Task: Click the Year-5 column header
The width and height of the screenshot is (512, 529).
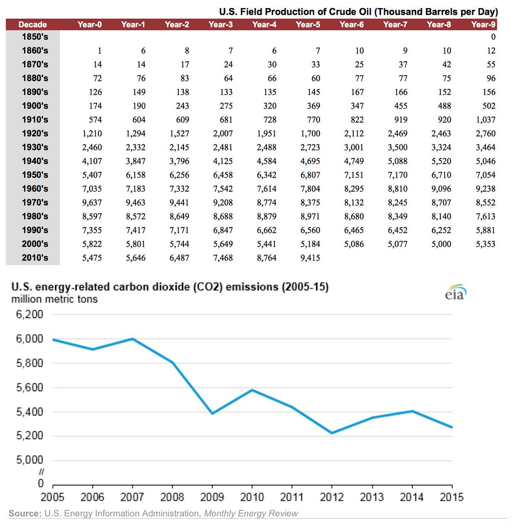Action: pyautogui.click(x=308, y=24)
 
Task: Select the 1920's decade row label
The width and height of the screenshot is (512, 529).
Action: pyautogui.click(x=35, y=133)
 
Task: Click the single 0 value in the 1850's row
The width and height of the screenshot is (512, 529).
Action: pyautogui.click(x=493, y=37)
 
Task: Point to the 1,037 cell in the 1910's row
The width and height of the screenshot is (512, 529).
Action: pyautogui.click(x=486, y=120)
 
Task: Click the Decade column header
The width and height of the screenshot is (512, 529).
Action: pyautogui.click(x=32, y=24)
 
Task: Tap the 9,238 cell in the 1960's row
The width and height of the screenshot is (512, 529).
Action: pyautogui.click(x=486, y=189)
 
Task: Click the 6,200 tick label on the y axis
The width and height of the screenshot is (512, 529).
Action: pyautogui.click(x=29, y=315)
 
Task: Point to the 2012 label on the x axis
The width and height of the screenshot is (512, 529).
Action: pyautogui.click(x=332, y=497)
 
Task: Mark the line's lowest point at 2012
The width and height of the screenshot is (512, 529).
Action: pyautogui.click(x=332, y=433)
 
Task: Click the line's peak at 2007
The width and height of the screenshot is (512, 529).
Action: pyautogui.click(x=133, y=339)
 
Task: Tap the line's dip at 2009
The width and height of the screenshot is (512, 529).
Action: pyautogui.click(x=212, y=413)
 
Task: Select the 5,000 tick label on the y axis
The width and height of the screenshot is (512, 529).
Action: pyautogui.click(x=29, y=460)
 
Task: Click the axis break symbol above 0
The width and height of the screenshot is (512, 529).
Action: pyautogui.click(x=41, y=472)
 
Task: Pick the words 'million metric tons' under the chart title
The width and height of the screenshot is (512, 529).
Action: pyautogui.click(x=55, y=299)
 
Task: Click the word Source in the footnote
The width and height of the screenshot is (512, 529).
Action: pyautogui.click(x=25, y=513)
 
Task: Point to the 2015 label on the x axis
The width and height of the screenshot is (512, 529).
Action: pyautogui.click(x=451, y=497)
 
